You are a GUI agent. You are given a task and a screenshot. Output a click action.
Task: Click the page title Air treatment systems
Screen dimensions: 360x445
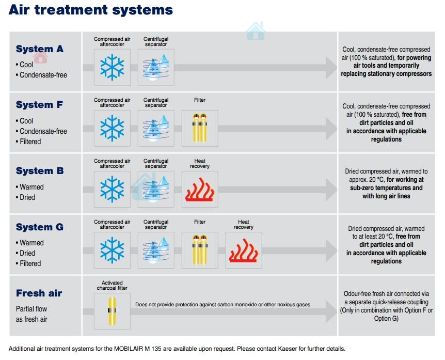click(x=91, y=10)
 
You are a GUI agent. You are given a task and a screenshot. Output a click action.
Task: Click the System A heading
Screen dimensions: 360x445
click(x=40, y=49)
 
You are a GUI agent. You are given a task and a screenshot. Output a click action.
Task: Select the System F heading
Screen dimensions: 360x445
click(x=39, y=105)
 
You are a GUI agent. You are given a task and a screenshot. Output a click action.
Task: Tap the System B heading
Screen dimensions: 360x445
click(x=40, y=171)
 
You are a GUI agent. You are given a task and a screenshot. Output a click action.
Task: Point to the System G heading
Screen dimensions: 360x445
click(x=40, y=227)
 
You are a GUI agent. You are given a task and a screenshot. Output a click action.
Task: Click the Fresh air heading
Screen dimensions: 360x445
click(x=39, y=293)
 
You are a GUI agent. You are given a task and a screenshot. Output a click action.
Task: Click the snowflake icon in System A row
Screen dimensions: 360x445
click(x=112, y=67)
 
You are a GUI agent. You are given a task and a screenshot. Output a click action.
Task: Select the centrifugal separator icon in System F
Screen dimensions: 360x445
click(x=156, y=128)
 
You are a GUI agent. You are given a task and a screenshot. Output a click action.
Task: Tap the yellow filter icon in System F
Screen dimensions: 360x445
click(x=200, y=128)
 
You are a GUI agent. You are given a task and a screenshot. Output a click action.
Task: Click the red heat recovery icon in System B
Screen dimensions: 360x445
click(x=200, y=189)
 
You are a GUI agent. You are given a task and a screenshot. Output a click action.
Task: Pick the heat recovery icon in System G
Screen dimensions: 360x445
click(x=244, y=250)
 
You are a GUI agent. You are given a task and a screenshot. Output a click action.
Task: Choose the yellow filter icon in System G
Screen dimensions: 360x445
click(x=200, y=250)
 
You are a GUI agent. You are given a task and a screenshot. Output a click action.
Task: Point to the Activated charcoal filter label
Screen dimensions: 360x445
click(x=112, y=285)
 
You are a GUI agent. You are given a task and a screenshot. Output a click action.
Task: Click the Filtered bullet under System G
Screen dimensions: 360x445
click(x=30, y=263)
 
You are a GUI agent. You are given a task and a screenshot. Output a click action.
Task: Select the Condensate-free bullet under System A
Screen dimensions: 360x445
click(x=43, y=75)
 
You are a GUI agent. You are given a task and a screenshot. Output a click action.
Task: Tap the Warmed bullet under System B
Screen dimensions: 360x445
click(x=31, y=187)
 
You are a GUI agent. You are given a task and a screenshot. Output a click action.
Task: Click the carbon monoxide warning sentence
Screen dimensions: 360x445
click(x=223, y=304)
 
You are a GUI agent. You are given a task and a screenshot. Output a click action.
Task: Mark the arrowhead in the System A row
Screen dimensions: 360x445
click(x=330, y=68)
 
